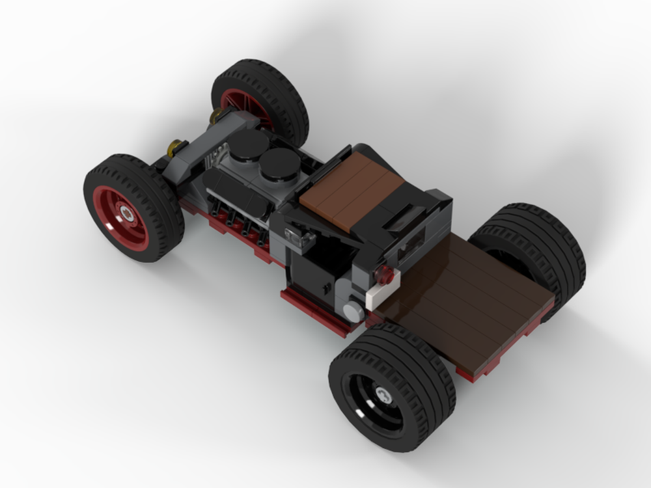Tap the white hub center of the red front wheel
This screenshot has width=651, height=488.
coord(128,212)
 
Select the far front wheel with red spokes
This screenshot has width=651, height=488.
coord(260,98)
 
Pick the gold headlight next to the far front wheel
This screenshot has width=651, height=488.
coord(215,117)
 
